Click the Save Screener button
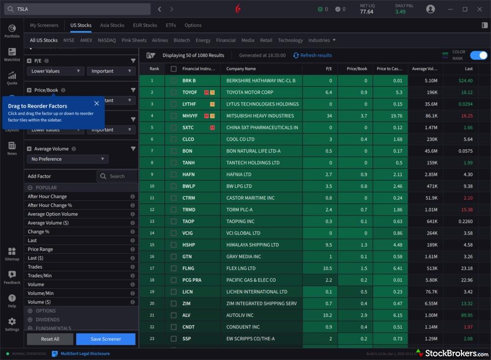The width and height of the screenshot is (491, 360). coord(106,339)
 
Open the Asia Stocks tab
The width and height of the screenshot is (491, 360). coord(112,25)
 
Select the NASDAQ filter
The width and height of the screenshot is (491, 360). coord(107,40)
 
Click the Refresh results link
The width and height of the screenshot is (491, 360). coord(312,55)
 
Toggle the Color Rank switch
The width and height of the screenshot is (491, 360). coord(478,55)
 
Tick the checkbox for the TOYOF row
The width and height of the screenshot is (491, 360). coord(173,92)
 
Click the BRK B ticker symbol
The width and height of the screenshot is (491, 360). coord(189,81)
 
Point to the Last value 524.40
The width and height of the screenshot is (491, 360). coord(465,81)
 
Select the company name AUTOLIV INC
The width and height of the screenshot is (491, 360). coord(240,315)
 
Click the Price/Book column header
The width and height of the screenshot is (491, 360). coord(356,69)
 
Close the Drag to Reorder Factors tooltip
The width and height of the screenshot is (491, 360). coord(96,103)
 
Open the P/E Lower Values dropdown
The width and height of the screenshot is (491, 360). coord(55,71)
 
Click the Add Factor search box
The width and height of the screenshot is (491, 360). coord(117,176)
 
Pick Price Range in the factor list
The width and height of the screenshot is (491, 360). coord(40,249)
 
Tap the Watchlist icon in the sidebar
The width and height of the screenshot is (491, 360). coord(12,54)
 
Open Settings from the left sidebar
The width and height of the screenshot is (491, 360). coord(12,324)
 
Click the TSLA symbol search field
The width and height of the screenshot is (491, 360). coord(79,9)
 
